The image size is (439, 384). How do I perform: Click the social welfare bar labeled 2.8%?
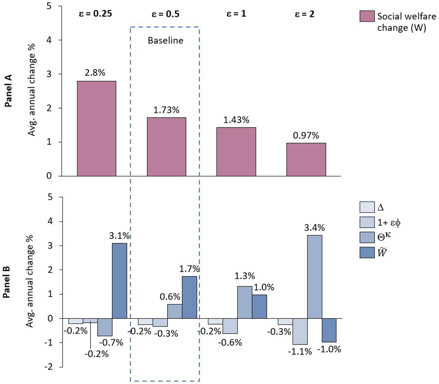[x=97, y=128]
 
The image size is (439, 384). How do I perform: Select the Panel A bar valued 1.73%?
[x=166, y=147]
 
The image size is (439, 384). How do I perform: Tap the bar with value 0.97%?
[x=306, y=159]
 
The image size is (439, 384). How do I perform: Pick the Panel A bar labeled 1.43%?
[x=236, y=151]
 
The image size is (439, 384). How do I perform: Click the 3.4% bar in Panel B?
[x=315, y=277]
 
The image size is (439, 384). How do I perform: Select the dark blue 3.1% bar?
[x=119, y=280]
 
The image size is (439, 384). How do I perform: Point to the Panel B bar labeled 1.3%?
[x=245, y=302]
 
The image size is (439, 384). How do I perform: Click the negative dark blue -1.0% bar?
[x=329, y=330]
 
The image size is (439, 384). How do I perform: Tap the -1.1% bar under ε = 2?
[x=300, y=331]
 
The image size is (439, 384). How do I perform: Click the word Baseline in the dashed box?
[x=165, y=40]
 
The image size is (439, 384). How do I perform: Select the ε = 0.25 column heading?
[x=95, y=14]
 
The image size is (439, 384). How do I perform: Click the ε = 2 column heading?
[x=304, y=14]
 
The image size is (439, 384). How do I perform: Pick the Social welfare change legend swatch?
[x=367, y=16]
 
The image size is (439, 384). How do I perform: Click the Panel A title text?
[x=8, y=91]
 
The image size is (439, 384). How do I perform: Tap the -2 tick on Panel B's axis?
[x=49, y=366]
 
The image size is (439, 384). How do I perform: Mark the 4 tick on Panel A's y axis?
[x=49, y=40]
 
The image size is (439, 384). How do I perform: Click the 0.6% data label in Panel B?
[x=170, y=297]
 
